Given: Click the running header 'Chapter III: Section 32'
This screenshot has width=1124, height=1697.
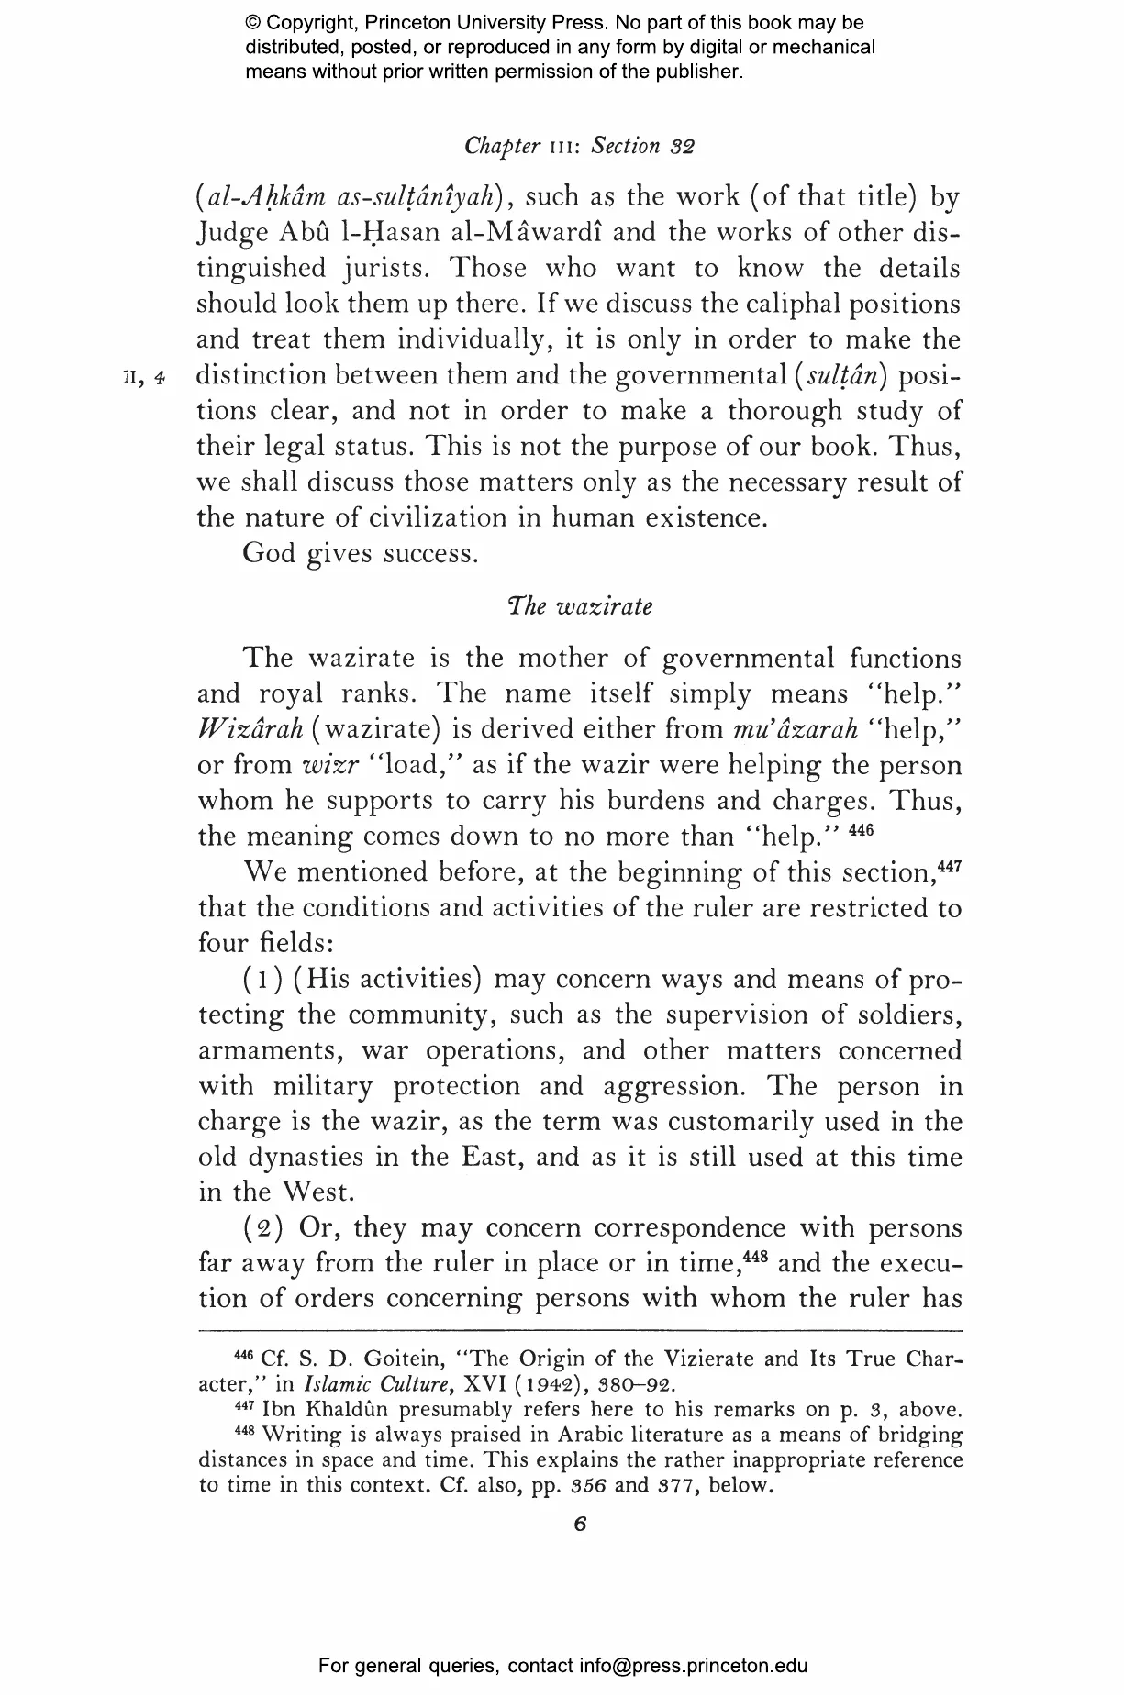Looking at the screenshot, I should point(580,146).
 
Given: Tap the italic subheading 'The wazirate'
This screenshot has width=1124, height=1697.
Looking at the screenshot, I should point(580,607).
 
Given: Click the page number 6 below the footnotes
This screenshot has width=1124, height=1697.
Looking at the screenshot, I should point(579,1524).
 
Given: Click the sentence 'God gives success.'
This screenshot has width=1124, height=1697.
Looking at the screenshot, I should point(361,554).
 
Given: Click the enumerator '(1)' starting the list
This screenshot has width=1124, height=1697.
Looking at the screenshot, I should point(262,980).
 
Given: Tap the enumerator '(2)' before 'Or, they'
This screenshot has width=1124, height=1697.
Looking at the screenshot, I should point(262,1228).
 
